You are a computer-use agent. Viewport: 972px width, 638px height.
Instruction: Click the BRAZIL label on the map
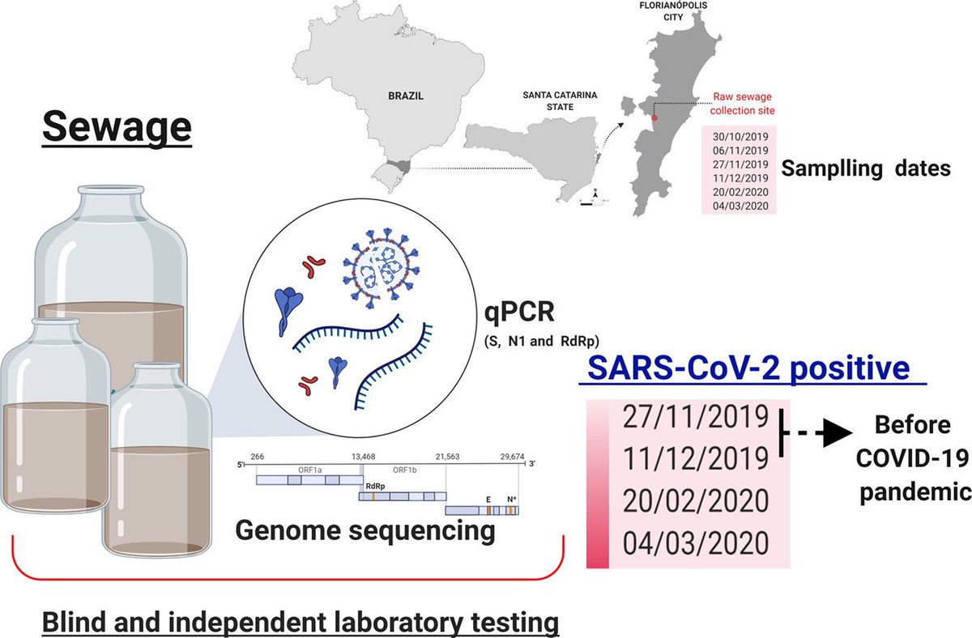406,96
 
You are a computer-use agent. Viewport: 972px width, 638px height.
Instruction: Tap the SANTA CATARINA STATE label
560,100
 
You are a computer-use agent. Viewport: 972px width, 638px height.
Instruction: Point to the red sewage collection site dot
654,118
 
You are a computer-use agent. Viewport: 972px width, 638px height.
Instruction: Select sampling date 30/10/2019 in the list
740,137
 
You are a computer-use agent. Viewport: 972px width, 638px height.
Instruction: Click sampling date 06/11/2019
740,151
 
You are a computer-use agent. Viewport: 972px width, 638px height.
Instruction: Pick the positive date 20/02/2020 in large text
696,500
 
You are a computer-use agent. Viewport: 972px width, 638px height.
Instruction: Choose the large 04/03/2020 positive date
696,542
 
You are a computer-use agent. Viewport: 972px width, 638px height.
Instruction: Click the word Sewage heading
117,126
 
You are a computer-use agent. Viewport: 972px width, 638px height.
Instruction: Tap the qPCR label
519,312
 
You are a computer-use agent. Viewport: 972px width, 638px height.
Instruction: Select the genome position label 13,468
363,457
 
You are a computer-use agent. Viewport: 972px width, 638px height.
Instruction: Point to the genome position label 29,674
512,457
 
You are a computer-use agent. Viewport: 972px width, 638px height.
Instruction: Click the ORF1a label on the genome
309,470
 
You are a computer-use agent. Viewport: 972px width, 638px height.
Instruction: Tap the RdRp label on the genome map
375,487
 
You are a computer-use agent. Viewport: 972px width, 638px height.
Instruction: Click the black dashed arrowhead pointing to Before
838,433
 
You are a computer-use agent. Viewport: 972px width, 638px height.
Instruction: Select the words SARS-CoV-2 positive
748,368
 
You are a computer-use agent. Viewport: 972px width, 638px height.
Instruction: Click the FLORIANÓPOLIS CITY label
673,11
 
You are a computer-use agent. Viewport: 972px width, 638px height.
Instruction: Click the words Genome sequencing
365,531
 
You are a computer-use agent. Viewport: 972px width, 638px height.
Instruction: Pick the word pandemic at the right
915,492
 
